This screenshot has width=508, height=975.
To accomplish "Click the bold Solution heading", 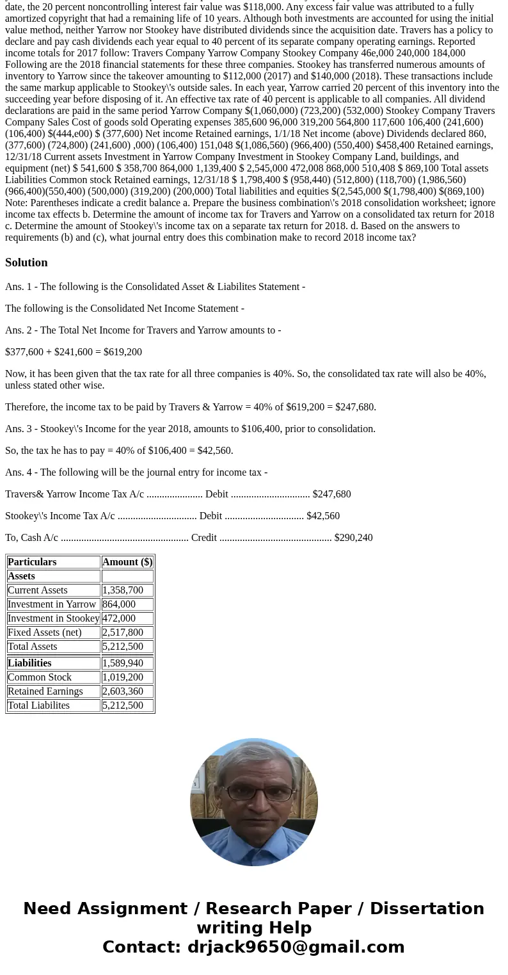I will (26, 262).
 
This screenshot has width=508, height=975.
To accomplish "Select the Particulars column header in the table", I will (32, 562).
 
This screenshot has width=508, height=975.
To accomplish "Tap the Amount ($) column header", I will (127, 562).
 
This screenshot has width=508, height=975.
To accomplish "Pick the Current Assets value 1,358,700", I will (123, 590).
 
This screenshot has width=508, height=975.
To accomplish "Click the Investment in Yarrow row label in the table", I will (52, 604).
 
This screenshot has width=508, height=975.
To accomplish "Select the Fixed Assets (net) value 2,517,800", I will (123, 633).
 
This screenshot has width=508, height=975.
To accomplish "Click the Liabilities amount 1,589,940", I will (123, 663).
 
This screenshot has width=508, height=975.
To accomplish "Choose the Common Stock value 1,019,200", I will (123, 677).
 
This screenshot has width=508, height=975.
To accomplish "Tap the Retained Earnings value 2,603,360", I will (123, 691).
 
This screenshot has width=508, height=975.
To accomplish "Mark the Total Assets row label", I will (33, 647).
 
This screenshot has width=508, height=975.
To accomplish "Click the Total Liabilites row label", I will (38, 705).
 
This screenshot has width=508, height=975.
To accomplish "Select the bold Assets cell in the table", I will (21, 576).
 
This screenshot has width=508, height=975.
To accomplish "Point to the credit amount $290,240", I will (353, 538).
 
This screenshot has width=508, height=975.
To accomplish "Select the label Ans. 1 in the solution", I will (19, 287).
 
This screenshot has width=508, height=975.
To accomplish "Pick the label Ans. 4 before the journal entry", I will (19, 472).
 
